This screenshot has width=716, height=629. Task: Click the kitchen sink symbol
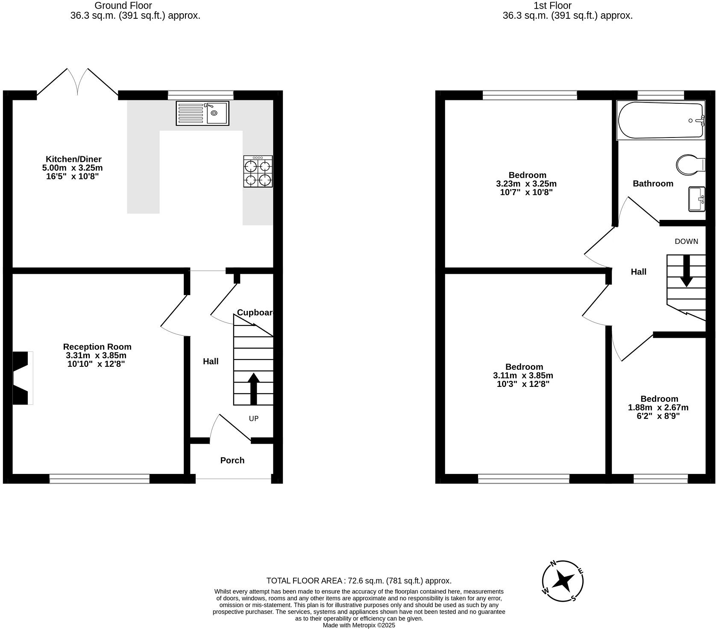202,113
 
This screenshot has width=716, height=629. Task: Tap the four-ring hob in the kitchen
258,171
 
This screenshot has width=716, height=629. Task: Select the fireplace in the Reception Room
23,378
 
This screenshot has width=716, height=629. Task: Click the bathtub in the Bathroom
660,120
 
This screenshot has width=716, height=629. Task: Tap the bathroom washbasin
696,199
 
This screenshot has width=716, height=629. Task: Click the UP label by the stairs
254,418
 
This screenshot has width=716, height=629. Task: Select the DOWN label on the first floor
686,241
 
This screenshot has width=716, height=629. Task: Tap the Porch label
232,460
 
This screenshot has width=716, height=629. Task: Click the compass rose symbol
563,581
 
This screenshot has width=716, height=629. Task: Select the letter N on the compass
553,564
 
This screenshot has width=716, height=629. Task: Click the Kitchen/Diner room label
74,159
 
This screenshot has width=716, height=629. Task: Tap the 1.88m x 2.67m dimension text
658,407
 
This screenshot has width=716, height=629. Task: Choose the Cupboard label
255,313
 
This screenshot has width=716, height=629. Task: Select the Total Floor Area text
358,581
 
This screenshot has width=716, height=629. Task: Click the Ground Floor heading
123,6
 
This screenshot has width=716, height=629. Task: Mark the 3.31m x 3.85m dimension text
96,355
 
